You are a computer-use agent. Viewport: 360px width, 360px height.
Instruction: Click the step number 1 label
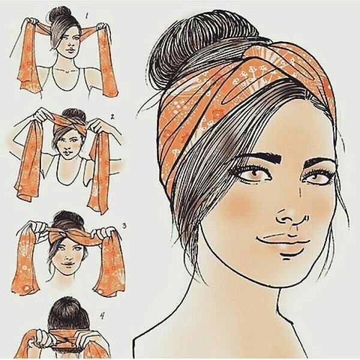[87, 16]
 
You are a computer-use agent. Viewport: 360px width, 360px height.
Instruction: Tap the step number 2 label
[112, 117]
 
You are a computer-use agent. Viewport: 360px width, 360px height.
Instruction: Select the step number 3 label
[124, 226]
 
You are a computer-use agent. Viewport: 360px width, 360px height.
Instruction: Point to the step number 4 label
[102, 317]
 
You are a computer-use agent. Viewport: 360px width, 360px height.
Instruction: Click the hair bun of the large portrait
[202, 39]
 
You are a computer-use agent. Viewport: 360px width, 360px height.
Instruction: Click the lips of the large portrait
[284, 244]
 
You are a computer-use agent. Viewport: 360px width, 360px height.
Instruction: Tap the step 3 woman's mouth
[67, 264]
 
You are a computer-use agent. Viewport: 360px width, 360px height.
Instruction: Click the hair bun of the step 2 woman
[74, 113]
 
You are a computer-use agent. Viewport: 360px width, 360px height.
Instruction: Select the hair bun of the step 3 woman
[68, 218]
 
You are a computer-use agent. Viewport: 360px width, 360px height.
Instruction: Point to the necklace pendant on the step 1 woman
[67, 71]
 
